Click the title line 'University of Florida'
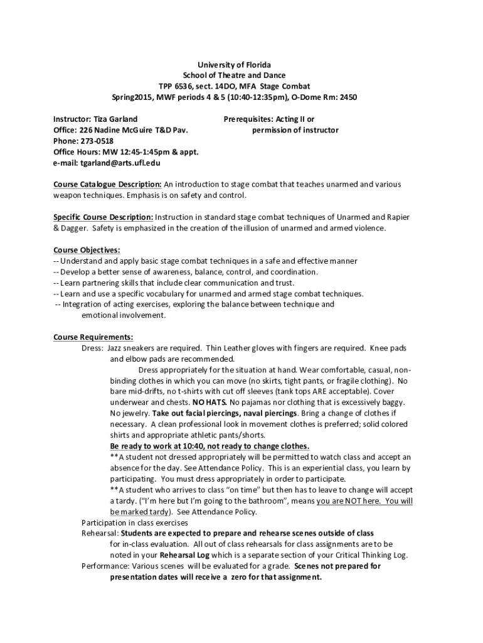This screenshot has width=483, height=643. [x=234, y=65]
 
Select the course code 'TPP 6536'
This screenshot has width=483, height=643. [x=175, y=86]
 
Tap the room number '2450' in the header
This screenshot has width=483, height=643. [x=348, y=97]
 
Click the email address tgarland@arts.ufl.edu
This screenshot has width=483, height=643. [x=120, y=163]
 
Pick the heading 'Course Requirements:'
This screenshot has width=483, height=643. [x=93, y=337]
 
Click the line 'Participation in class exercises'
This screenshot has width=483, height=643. [x=135, y=522]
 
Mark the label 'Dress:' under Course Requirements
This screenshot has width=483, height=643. [x=93, y=347]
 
